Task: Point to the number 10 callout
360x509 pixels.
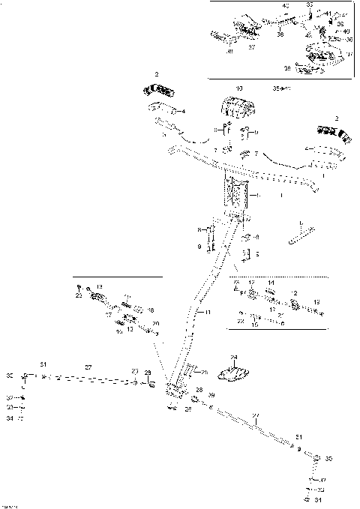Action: (x=239, y=88)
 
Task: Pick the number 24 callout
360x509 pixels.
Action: (x=233, y=358)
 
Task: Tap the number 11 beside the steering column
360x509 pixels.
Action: (x=208, y=311)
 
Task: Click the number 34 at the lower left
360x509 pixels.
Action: (x=10, y=418)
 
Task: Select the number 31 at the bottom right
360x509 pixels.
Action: (x=317, y=500)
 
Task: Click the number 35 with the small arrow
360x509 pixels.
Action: (x=277, y=88)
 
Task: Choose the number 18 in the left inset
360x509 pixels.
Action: (x=150, y=310)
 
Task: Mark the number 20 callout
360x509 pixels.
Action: (x=155, y=324)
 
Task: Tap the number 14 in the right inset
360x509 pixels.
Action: (x=271, y=283)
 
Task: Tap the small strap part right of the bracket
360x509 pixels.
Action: (x=300, y=232)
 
